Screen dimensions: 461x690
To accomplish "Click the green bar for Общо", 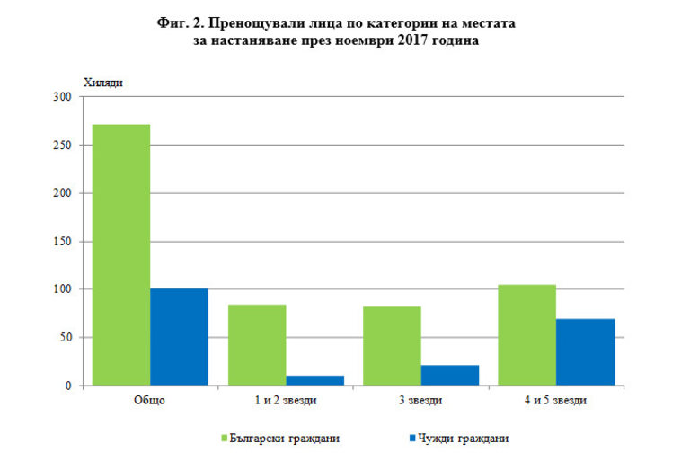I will (121, 255).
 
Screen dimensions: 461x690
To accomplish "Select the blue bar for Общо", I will (179, 337).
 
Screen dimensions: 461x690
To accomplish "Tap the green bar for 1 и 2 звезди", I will (257, 345).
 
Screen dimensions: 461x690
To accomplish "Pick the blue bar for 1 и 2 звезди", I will (314, 380).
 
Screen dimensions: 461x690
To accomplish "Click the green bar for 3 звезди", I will (393, 346).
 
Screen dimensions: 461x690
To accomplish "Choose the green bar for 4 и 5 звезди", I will (527, 335).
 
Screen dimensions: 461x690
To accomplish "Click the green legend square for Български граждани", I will (225, 439).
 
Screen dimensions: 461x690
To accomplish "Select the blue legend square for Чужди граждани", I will (412, 439).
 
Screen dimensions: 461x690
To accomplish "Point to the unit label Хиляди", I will (102, 83).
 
